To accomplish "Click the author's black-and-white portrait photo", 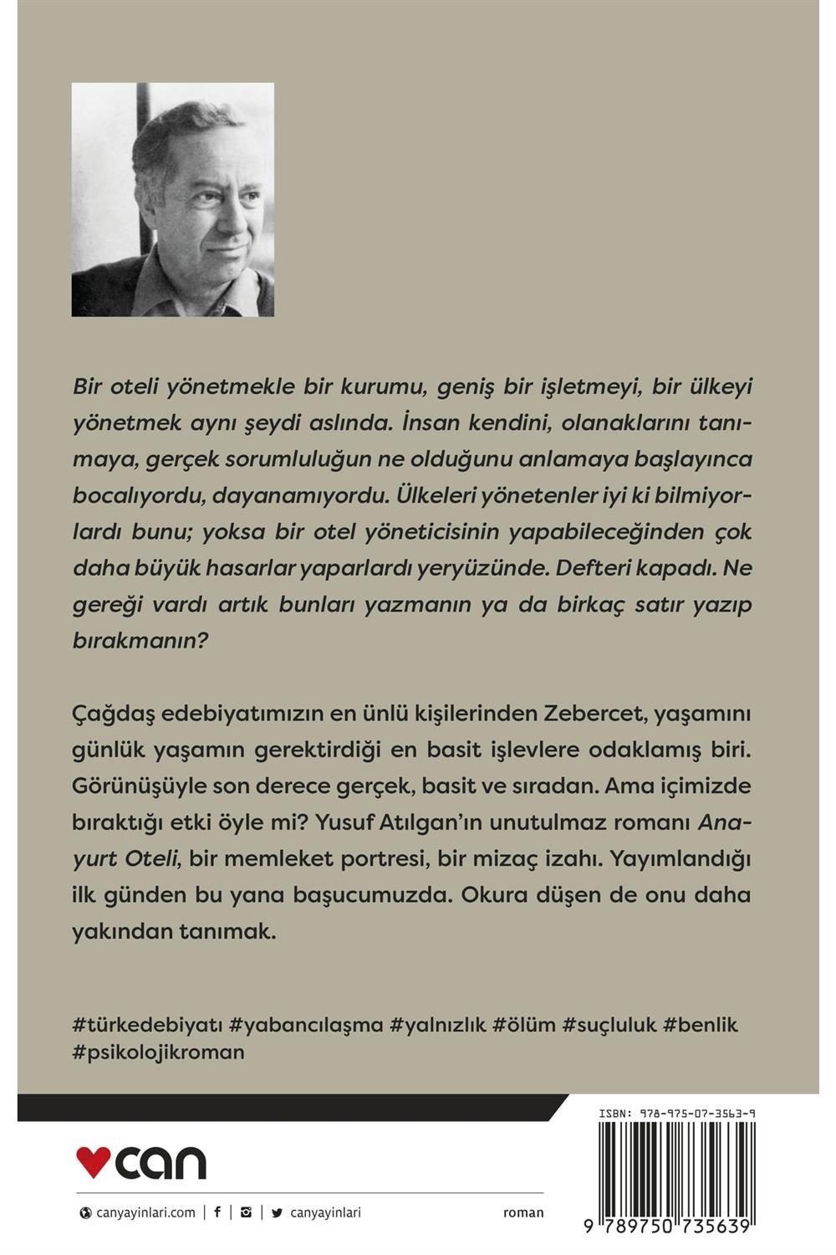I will [173, 199].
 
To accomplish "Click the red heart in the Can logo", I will [93, 1161].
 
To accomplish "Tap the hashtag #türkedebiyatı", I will [148, 1024].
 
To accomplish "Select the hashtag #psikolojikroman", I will [159, 1052].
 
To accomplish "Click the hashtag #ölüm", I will [524, 1024].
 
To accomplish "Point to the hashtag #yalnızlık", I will [438, 1024].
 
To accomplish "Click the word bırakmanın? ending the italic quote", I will [140, 640].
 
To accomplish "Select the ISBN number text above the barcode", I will [677, 1114].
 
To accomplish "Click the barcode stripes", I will [677, 1167].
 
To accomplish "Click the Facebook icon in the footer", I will [217, 1211].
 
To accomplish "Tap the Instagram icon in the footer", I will [246, 1211].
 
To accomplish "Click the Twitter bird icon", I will [277, 1212].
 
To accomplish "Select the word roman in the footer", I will [523, 1212].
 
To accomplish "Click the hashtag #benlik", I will [701, 1024].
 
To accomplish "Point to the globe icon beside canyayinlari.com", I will [85, 1212].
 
